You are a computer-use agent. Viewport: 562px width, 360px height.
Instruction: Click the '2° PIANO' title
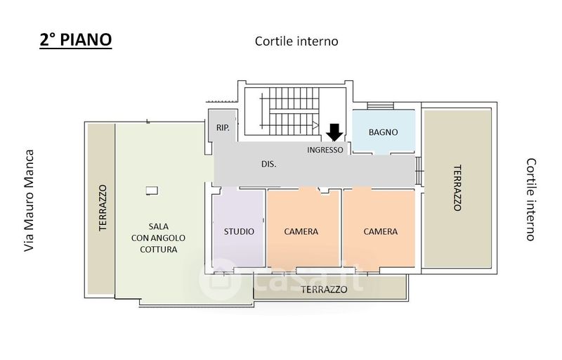click(x=75, y=39)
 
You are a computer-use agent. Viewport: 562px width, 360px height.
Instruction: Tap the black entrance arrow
click(x=334, y=131)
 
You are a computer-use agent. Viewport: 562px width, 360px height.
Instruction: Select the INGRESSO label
click(x=325, y=150)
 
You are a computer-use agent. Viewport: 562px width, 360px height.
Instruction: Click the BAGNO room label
click(x=384, y=132)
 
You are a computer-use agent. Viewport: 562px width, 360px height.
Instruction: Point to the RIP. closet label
click(x=223, y=128)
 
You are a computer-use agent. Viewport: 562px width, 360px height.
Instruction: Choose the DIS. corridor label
click(x=268, y=165)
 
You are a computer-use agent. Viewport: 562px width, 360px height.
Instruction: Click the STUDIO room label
click(x=239, y=231)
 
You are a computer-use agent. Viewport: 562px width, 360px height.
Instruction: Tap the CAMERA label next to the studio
click(x=301, y=231)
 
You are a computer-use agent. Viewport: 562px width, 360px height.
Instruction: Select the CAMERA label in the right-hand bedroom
click(x=381, y=231)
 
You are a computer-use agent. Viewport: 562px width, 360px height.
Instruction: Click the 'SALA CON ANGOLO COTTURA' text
click(x=158, y=238)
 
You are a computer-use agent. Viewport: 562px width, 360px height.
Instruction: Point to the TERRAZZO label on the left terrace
click(x=103, y=208)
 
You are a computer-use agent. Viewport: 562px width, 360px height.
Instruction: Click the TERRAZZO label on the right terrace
click(x=457, y=188)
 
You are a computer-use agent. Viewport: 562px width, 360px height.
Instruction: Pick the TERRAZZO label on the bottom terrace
click(x=325, y=289)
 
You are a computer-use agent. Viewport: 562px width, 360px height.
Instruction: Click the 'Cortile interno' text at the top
click(x=296, y=41)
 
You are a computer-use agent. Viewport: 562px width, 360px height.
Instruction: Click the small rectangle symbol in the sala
click(x=151, y=190)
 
